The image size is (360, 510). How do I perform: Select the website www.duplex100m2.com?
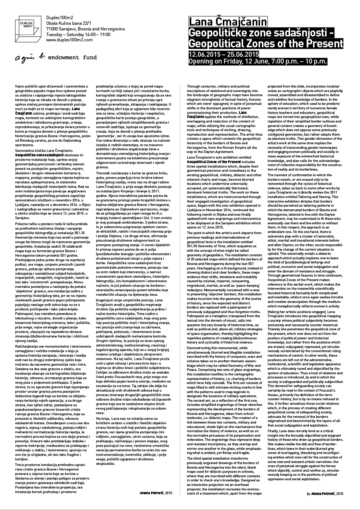pos(69,39)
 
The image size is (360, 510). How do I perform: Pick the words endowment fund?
pos(75,58)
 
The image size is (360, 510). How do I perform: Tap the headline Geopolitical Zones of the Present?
pos(265,44)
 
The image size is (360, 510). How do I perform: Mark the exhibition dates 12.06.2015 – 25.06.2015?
pos(224,54)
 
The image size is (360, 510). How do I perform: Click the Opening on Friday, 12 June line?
pos(257,61)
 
